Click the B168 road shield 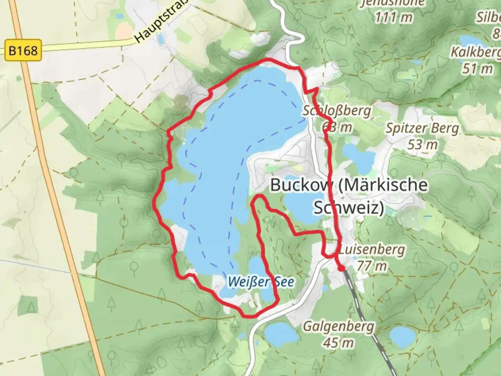pyautogui.click(x=23, y=51)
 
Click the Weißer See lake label pyautogui.click(x=261, y=282)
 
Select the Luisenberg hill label pyautogui.click(x=372, y=250)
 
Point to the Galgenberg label pyautogui.click(x=339, y=327)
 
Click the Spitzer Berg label pyautogui.click(x=422, y=128)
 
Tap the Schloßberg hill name pyautogui.click(x=337, y=111)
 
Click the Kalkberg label pyautogui.click(x=476, y=52)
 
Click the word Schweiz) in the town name pyautogui.click(x=349, y=207)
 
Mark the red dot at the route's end pyautogui.click(x=342, y=268)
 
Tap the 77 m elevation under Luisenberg pyautogui.click(x=372, y=266)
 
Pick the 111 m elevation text pyautogui.click(x=394, y=17)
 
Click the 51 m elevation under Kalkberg pyautogui.click(x=477, y=69)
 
